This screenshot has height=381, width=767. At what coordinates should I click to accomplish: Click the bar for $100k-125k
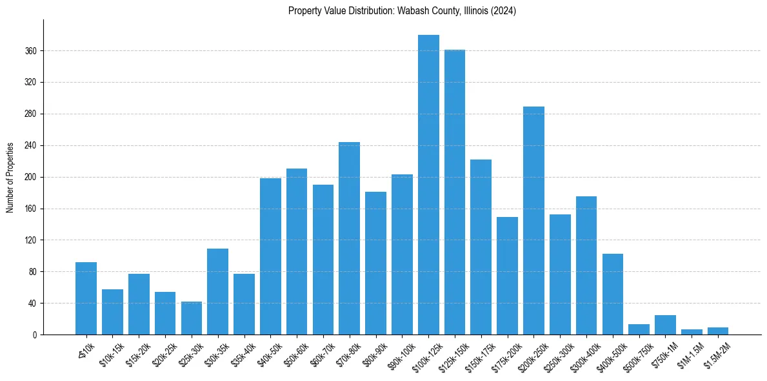pos(428,185)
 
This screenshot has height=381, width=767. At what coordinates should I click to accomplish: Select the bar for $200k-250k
pos(533,221)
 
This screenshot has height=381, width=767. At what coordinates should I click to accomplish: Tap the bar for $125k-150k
pos(455,192)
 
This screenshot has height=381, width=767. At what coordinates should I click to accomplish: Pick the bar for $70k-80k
pos(349,238)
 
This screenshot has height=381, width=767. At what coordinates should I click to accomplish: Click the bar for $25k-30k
pos(192,318)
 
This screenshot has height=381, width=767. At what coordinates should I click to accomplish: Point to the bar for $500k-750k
pos(639,329)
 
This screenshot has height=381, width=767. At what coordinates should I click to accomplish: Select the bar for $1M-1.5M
pos(692,332)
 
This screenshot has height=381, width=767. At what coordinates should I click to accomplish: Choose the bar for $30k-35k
pos(217,292)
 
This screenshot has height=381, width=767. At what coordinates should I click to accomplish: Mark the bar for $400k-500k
pos(612,294)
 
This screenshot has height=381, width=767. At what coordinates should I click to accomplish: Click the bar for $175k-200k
pos(507,276)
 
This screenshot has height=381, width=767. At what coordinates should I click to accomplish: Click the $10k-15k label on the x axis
pos(110,352)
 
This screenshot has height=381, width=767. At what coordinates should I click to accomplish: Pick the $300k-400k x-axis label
pos(583,353)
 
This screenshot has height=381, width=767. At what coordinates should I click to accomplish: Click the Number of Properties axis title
pos(10,177)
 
